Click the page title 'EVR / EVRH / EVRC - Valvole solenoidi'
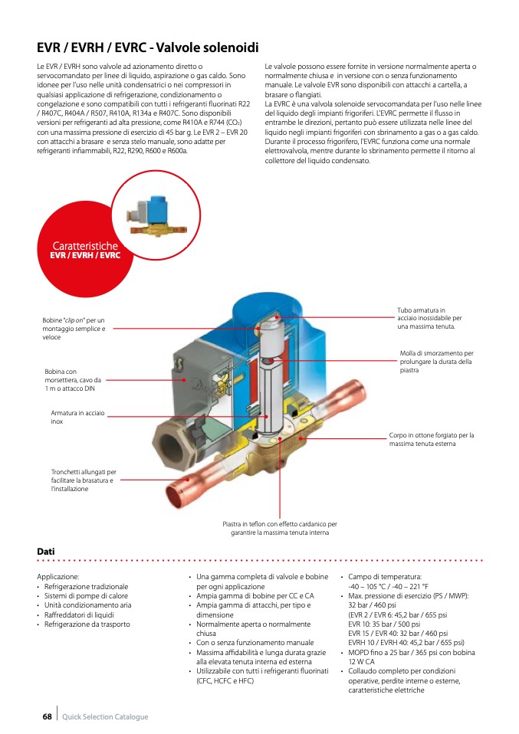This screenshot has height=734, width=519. (148, 48)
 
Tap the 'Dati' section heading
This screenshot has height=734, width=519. (45, 551)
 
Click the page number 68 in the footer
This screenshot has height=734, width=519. (47, 716)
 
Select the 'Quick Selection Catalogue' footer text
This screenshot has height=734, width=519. (105, 716)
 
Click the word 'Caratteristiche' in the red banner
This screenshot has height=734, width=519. (85, 245)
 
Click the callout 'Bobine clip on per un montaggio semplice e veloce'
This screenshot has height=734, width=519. (74, 328)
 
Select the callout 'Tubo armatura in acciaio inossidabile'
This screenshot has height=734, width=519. (429, 318)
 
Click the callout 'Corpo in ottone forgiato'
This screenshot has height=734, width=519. (431, 439)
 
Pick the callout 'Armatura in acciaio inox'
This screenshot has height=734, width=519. (77, 416)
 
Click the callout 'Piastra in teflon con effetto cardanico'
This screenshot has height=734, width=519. (279, 528)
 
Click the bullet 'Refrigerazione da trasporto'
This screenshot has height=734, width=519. (87, 624)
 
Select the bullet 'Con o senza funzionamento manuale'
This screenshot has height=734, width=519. (255, 642)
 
